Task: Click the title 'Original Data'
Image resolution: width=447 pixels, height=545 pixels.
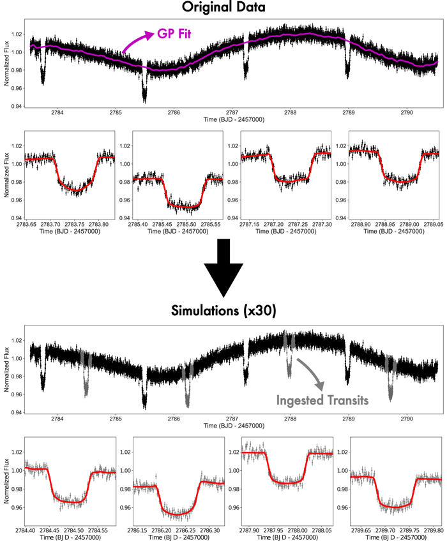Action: point(223,8)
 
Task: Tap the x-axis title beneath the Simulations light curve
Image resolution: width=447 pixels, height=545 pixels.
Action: point(223,426)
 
